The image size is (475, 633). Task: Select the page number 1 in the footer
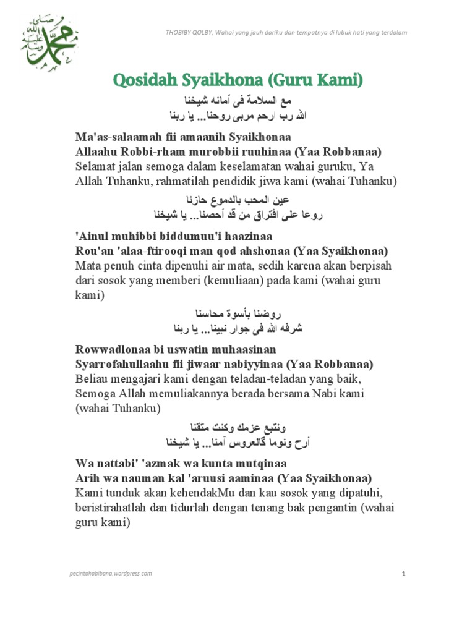pyautogui.click(x=403, y=574)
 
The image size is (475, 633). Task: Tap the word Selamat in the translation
pyautogui.click(x=96, y=167)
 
